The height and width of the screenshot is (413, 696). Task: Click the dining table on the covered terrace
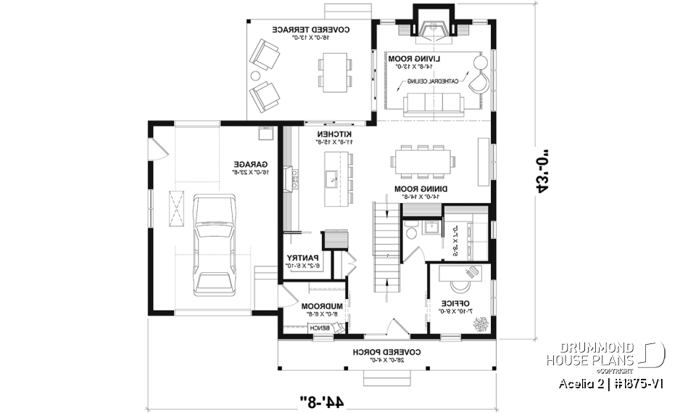click(x=336, y=71)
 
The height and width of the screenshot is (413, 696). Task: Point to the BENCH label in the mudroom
click(x=320, y=329)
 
